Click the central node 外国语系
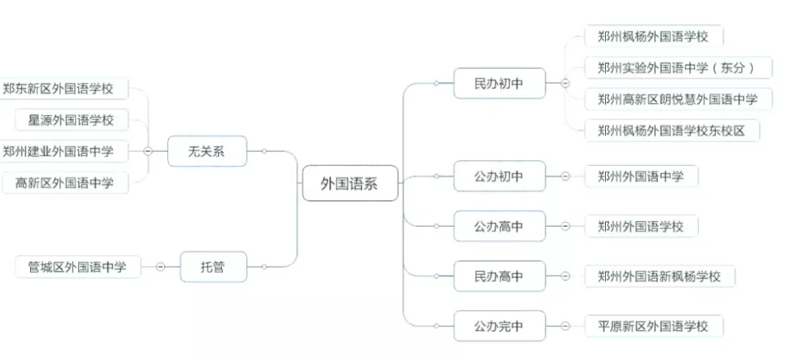(349, 183)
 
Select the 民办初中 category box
(498, 84)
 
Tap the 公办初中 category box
(498, 177)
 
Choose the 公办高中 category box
(498, 226)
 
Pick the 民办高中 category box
(498, 276)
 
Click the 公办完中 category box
(498, 326)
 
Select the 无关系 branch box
(206, 151)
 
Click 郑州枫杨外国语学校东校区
(671, 130)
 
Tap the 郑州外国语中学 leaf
(640, 177)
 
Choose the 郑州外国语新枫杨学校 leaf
(659, 276)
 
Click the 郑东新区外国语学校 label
(58, 88)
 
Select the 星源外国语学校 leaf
(70, 120)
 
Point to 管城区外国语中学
(77, 267)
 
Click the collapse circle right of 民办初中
(565, 84)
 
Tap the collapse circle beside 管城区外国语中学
(160, 267)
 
